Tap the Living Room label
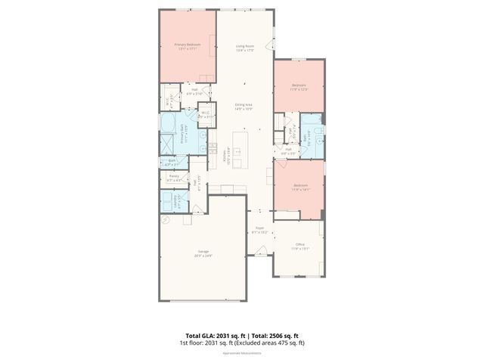pyautogui.click(x=244, y=48)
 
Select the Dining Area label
pyautogui.click(x=244, y=107)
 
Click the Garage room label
pyautogui.click(x=203, y=253)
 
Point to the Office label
pyautogui.click(x=300, y=246)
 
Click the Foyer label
pyautogui.click(x=259, y=228)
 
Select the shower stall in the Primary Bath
pyautogui.click(x=167, y=142)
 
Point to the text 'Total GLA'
pyautogui.click(x=200, y=335)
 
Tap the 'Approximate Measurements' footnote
pyautogui.click(x=242, y=353)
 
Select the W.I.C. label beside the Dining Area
pyautogui.click(x=203, y=116)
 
